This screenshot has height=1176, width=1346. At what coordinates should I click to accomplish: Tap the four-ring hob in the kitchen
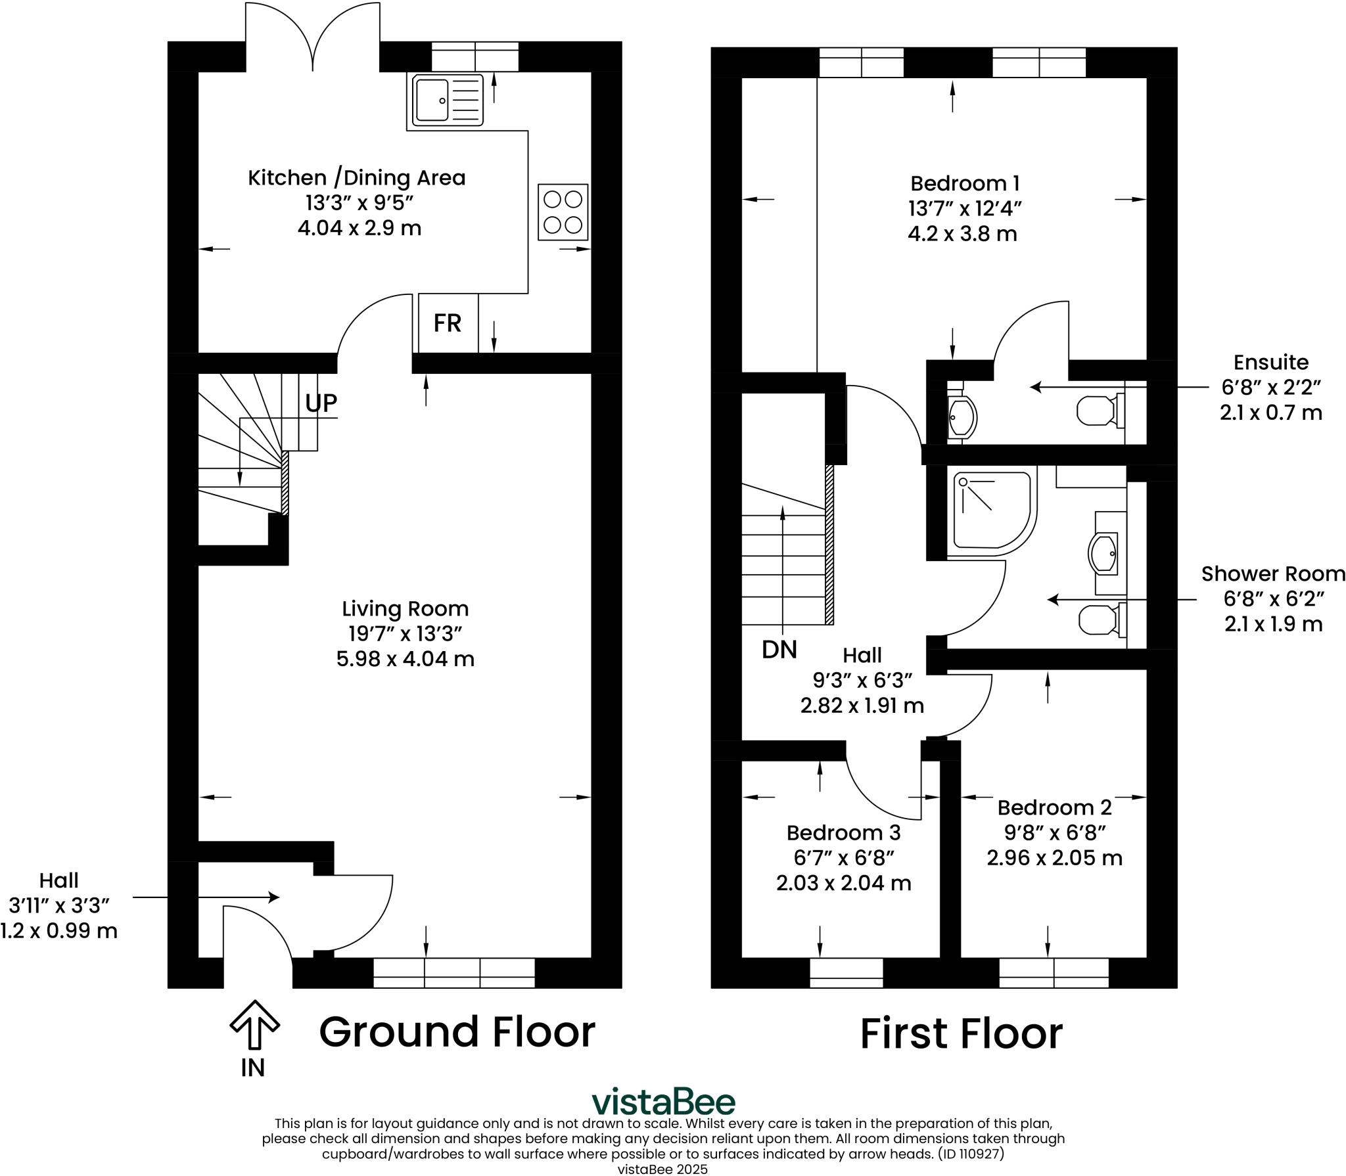tap(563, 212)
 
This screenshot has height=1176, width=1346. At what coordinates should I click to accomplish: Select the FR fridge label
tap(448, 323)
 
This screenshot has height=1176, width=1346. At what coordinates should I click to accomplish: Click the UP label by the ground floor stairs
tap(321, 403)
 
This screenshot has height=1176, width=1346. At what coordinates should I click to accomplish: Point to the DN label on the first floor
tap(779, 650)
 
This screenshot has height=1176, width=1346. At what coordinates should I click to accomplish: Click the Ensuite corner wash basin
tap(963, 416)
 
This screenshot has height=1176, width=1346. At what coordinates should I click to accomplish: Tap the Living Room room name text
tap(405, 608)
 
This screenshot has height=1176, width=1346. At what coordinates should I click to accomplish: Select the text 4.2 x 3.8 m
tap(962, 234)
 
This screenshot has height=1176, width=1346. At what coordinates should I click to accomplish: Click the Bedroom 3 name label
tap(843, 833)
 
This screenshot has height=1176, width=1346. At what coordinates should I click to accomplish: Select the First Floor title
tap(961, 1033)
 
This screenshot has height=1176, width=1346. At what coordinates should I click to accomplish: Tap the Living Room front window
tap(453, 973)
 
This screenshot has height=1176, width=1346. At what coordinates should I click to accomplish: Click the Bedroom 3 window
tap(846, 973)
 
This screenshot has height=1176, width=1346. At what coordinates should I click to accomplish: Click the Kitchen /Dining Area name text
tap(356, 178)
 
